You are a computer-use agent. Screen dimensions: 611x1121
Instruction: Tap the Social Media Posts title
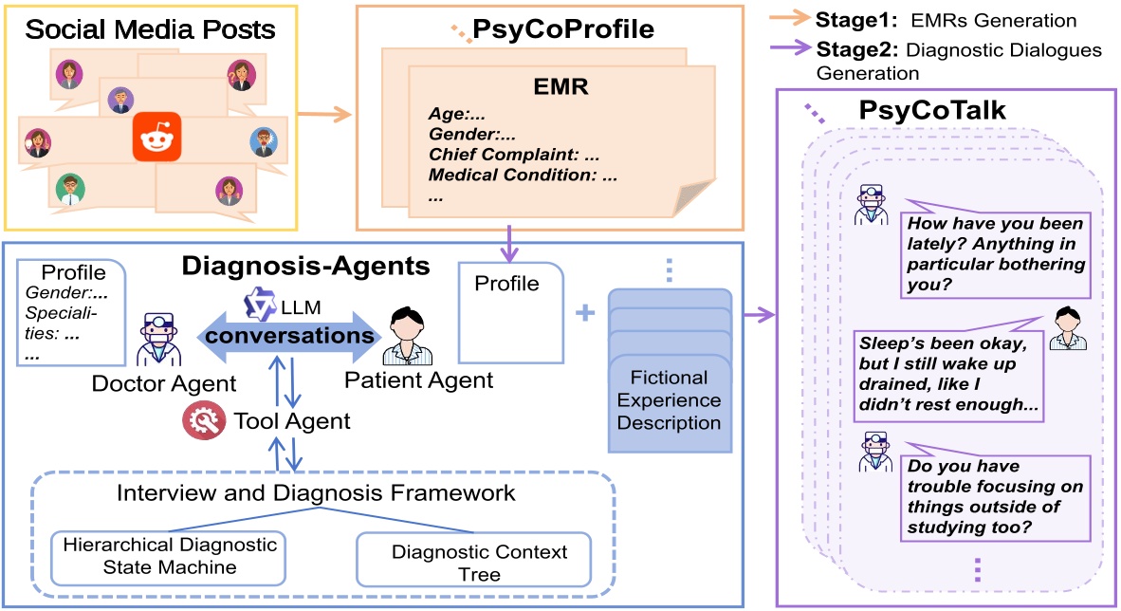click(150, 28)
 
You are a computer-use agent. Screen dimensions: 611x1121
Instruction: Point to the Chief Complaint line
click(515, 155)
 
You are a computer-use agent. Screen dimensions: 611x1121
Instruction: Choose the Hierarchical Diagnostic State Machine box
click(170, 558)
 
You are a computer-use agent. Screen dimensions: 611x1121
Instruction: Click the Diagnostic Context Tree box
click(472, 560)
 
